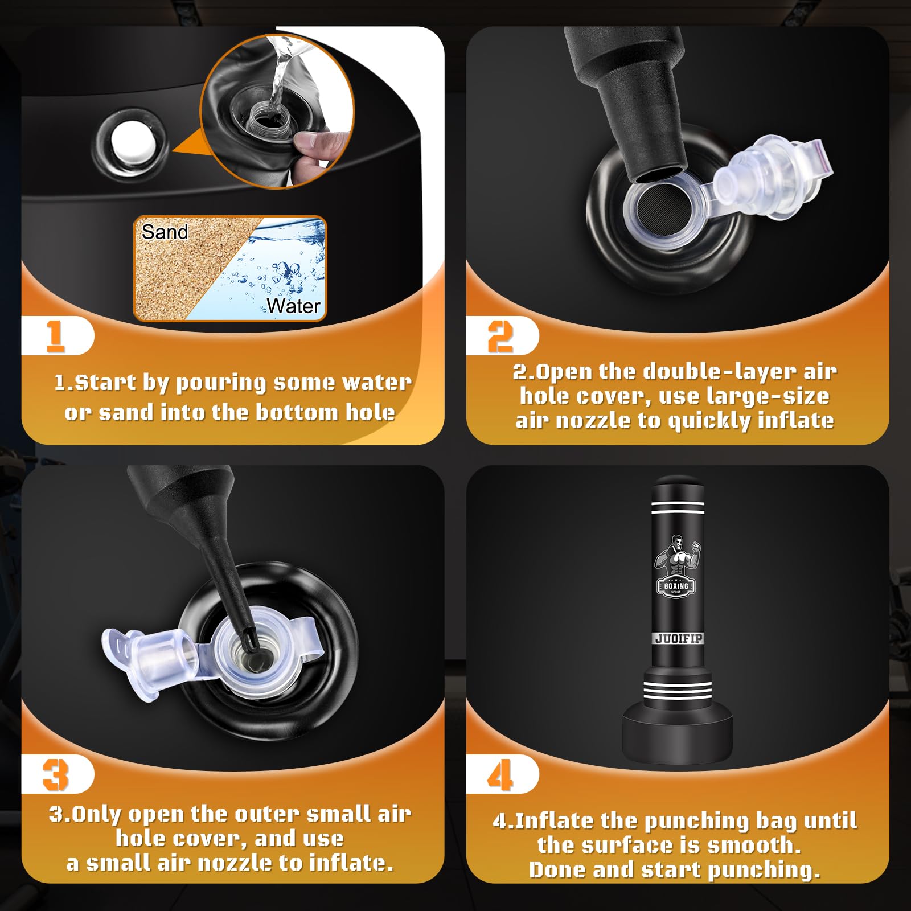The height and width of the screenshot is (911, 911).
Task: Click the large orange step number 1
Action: click(x=55, y=336)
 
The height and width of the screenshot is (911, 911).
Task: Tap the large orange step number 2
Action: click(x=500, y=336)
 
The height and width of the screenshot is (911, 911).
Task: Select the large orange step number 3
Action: click(x=56, y=775)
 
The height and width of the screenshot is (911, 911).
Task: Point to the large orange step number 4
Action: click(x=500, y=775)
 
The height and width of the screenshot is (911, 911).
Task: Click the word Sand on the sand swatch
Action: click(x=165, y=232)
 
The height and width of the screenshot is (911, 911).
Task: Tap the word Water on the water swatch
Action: click(x=294, y=306)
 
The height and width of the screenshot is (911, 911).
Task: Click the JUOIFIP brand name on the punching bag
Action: click(x=678, y=638)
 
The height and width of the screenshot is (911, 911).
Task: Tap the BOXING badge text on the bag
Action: click(x=676, y=585)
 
